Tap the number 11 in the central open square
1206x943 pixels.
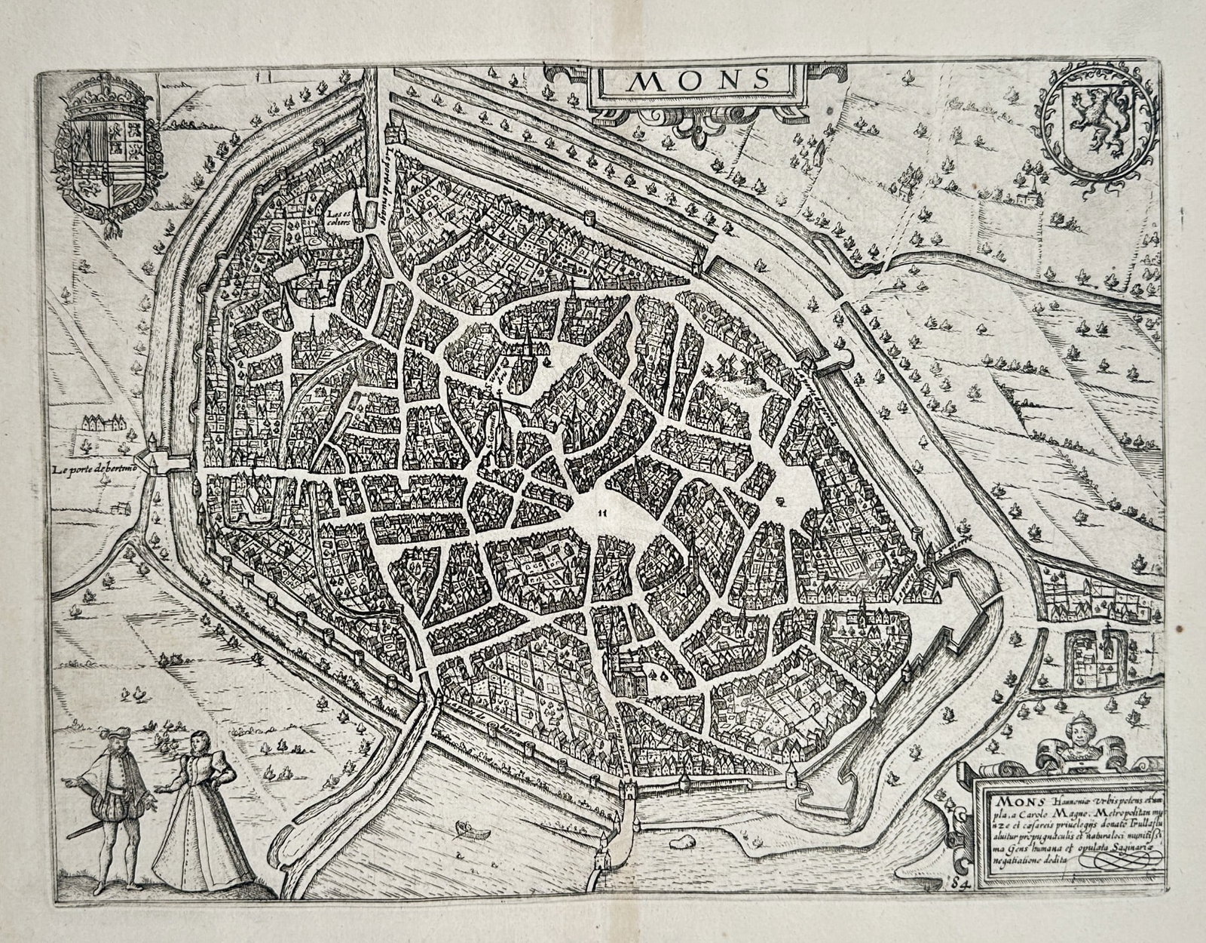point(601,513)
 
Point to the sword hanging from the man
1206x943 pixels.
point(81,828)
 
